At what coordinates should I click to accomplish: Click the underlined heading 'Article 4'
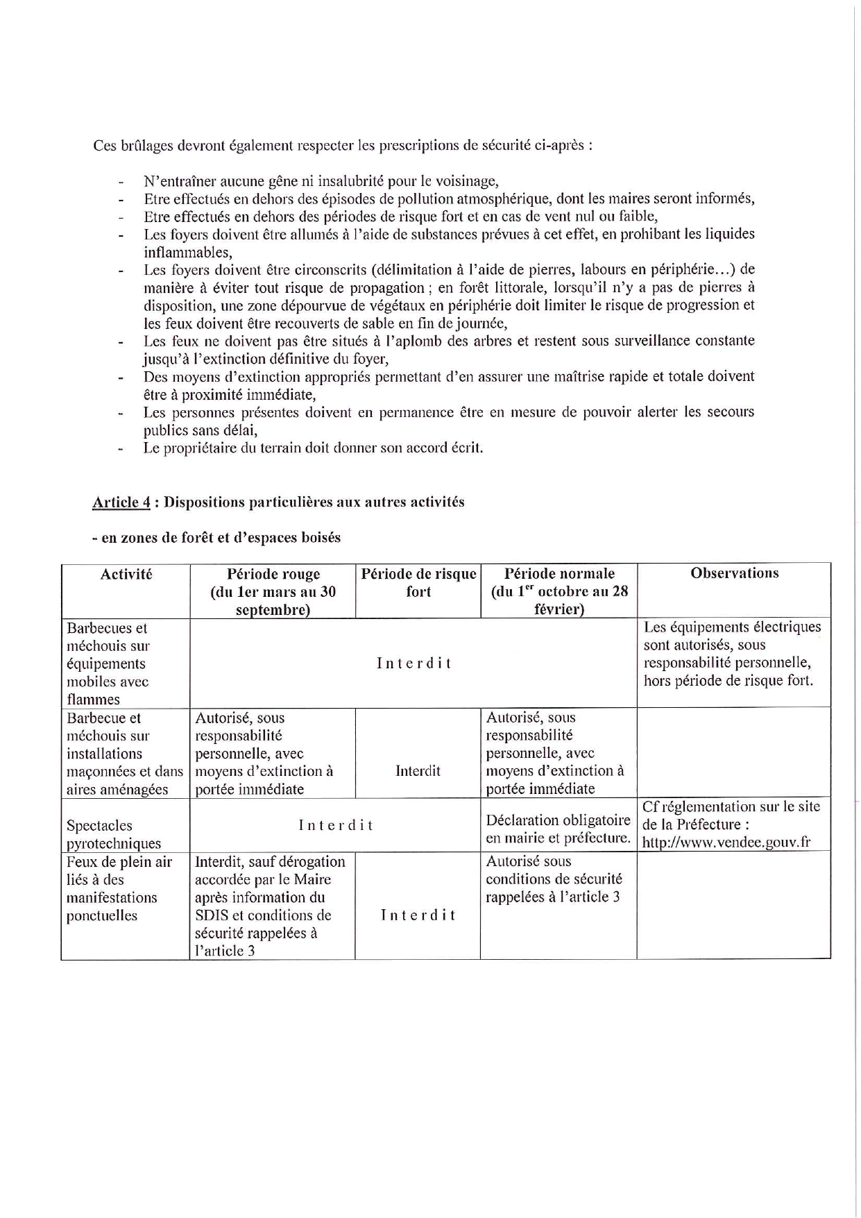pyautogui.click(x=121, y=502)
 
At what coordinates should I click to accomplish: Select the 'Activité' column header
pyautogui.click(x=126, y=574)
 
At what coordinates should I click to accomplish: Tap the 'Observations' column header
pyautogui.click(x=734, y=573)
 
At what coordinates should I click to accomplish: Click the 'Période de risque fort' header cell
pyautogui.click(x=418, y=582)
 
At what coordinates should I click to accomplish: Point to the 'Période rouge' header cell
pyautogui.click(x=273, y=591)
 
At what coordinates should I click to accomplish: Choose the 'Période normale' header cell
pyautogui.click(x=559, y=591)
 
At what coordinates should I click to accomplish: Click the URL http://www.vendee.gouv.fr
pyautogui.click(x=726, y=843)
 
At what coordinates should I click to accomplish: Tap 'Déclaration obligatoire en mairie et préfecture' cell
pyautogui.click(x=558, y=829)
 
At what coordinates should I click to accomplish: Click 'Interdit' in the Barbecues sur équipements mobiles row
pyautogui.click(x=414, y=663)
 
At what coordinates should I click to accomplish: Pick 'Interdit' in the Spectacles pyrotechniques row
pyautogui.click(x=336, y=825)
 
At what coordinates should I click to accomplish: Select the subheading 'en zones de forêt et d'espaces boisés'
pyautogui.click(x=216, y=538)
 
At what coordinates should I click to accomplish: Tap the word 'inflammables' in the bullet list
pyautogui.click(x=187, y=253)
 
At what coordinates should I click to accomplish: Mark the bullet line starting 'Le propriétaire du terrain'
pyautogui.click(x=313, y=448)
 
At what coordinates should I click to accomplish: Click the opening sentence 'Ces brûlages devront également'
pyautogui.click(x=343, y=146)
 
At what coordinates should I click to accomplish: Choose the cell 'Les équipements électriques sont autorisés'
pyautogui.click(x=732, y=654)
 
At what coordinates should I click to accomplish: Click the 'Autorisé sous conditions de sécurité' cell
pyautogui.click(x=554, y=879)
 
